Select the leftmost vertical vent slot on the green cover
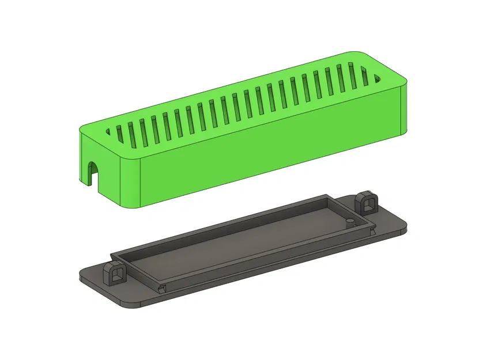click(x=119, y=134)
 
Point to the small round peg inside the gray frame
click(x=349, y=222)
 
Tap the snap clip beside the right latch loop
click(x=372, y=231)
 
